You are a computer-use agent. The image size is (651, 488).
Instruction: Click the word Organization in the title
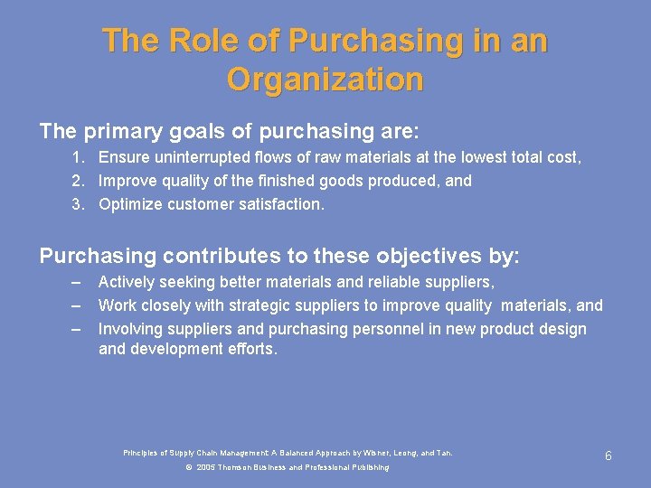325,80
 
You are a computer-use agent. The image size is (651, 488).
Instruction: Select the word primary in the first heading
125,131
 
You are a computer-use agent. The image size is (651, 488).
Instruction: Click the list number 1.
79,157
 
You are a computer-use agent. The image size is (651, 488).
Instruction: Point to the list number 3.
79,204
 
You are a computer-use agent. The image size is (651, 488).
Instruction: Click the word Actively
127,282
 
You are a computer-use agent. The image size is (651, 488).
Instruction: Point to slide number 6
609,456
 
